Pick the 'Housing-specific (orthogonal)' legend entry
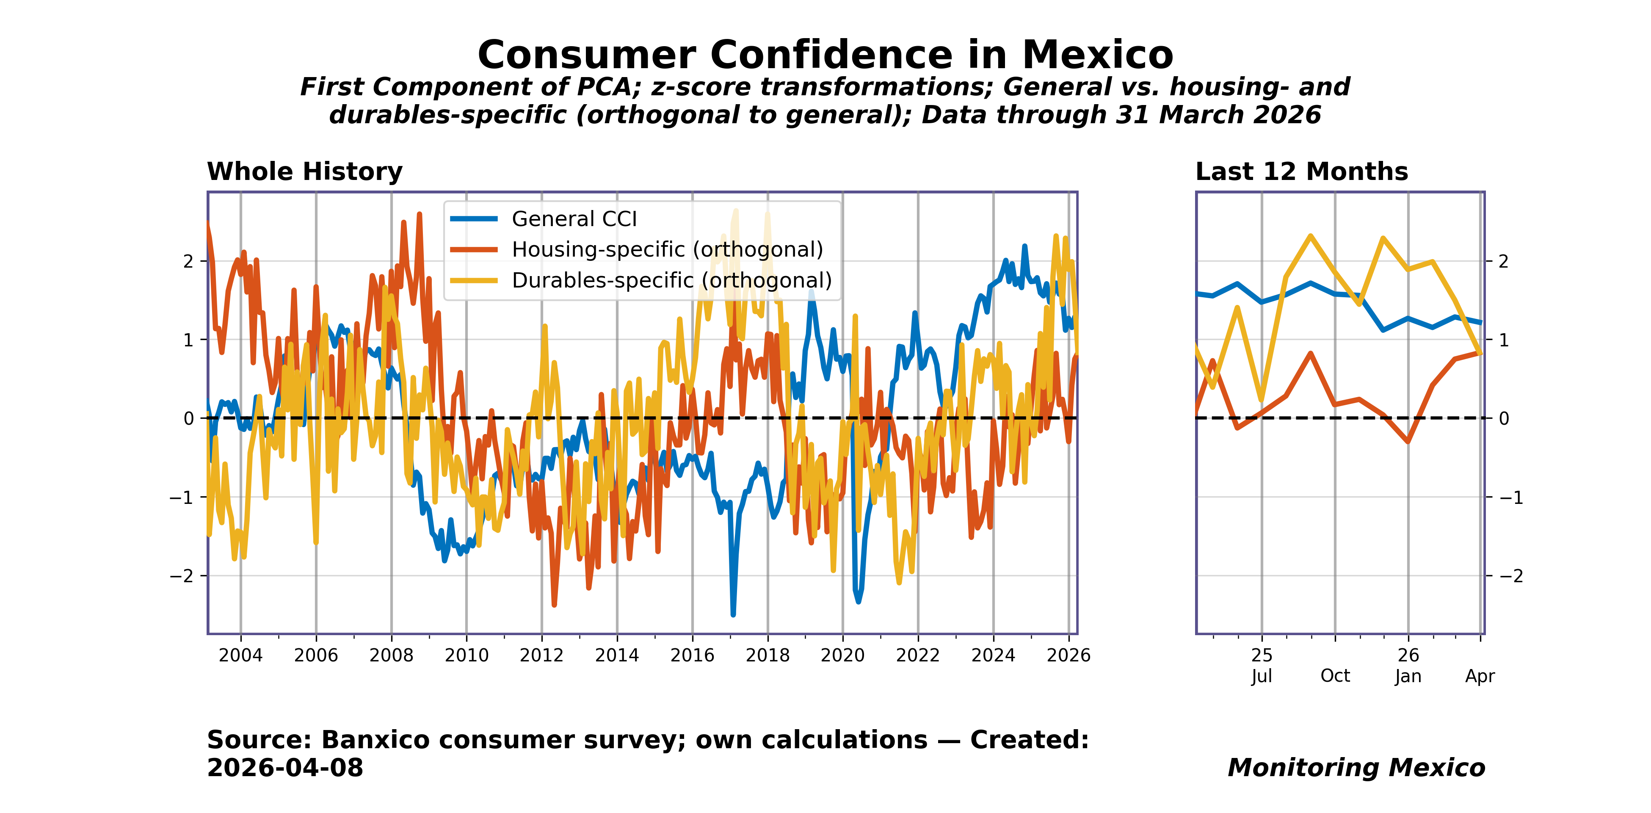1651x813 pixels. (667, 249)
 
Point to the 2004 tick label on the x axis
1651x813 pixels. (240, 655)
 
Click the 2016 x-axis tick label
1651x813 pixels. (692, 655)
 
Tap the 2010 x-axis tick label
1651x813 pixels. (466, 655)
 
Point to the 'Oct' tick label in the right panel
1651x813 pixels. (1335, 676)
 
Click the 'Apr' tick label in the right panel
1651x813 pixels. (1480, 676)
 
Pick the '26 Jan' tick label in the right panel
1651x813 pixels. (1408, 666)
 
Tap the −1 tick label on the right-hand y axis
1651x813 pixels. (1510, 498)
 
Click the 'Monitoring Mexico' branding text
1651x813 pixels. (1356, 767)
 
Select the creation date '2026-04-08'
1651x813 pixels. (285, 767)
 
